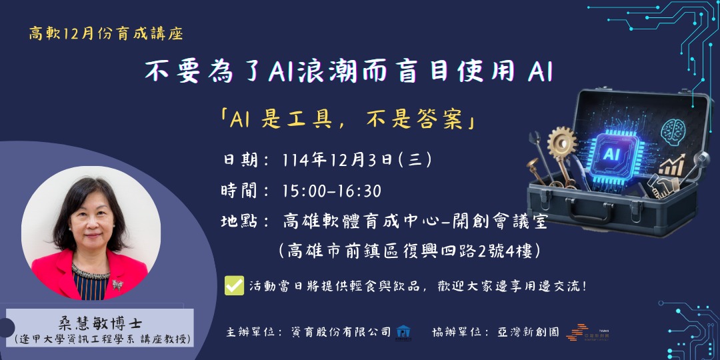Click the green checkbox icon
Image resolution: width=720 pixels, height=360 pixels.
[234, 285]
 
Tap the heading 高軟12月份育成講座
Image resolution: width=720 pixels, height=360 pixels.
[106, 33]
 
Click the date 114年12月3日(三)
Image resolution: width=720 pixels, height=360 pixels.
[357, 160]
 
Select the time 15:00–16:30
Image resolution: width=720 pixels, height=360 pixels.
[331, 191]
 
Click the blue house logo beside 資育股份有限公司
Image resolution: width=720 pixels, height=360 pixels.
[403, 331]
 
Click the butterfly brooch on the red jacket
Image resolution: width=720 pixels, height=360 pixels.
[118, 285]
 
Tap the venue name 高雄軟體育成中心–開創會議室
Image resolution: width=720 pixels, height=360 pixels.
[415, 221]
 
